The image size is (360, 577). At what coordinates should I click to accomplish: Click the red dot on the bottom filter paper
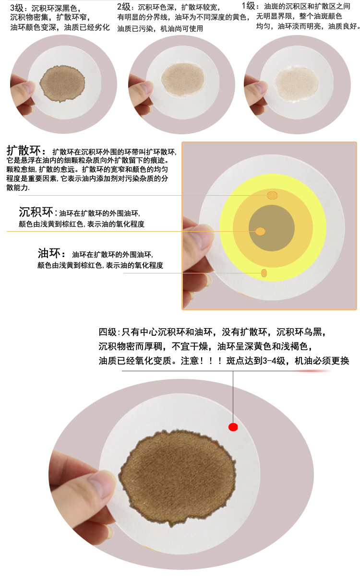(x=233, y=427)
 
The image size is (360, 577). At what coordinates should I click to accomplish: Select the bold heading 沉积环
(x=37, y=212)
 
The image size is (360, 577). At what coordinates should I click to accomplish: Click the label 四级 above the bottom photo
(x=108, y=332)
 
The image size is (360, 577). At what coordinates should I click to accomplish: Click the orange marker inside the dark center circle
(x=261, y=232)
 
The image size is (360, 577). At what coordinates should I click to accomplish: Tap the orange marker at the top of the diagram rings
(x=272, y=195)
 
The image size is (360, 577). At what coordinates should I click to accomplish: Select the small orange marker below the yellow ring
(x=264, y=273)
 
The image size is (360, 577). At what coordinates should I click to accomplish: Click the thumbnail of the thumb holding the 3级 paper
(x=27, y=88)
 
